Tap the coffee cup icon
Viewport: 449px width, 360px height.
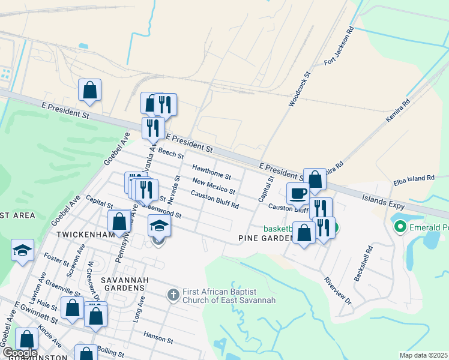pyautogui.click(x=298, y=193)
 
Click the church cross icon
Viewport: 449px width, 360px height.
pyautogui.click(x=173, y=294)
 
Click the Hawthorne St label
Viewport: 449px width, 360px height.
pyautogui.click(x=211, y=172)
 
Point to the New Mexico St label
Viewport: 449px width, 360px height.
pyautogui.click(x=214, y=185)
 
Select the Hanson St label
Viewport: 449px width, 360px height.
pyautogui.click(x=158, y=339)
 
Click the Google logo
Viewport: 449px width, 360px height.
pyautogui.click(x=20, y=353)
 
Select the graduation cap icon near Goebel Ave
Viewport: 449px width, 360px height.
pyautogui.click(x=22, y=250)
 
